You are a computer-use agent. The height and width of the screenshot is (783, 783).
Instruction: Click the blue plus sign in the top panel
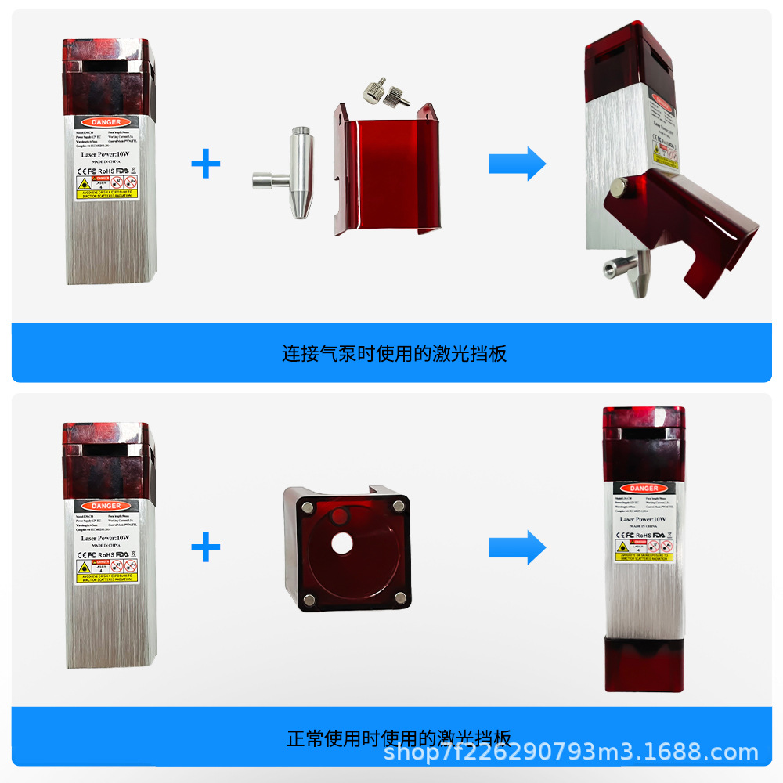pyautogui.click(x=206, y=164)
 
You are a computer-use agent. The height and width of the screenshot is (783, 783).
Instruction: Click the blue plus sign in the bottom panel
pyautogui.click(x=206, y=547)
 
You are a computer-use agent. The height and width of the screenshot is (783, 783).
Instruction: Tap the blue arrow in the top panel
pyautogui.click(x=517, y=164)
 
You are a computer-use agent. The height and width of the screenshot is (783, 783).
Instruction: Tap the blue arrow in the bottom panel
pyautogui.click(x=517, y=547)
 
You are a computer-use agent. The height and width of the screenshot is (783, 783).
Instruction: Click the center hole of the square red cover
pyautogui.click(x=342, y=543)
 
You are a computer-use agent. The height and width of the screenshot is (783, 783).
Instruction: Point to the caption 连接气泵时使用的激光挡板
pyautogui.click(x=394, y=353)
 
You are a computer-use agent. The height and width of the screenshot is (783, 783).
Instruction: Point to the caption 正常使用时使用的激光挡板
pyautogui.click(x=399, y=738)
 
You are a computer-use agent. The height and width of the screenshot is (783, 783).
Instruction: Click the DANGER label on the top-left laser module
pyautogui.click(x=106, y=122)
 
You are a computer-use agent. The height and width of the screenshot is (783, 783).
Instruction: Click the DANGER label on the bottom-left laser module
pyautogui.click(x=106, y=506)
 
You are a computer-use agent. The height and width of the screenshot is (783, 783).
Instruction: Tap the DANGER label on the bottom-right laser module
pyautogui.click(x=644, y=489)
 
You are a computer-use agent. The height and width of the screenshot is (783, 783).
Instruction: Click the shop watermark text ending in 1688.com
pyautogui.click(x=572, y=753)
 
